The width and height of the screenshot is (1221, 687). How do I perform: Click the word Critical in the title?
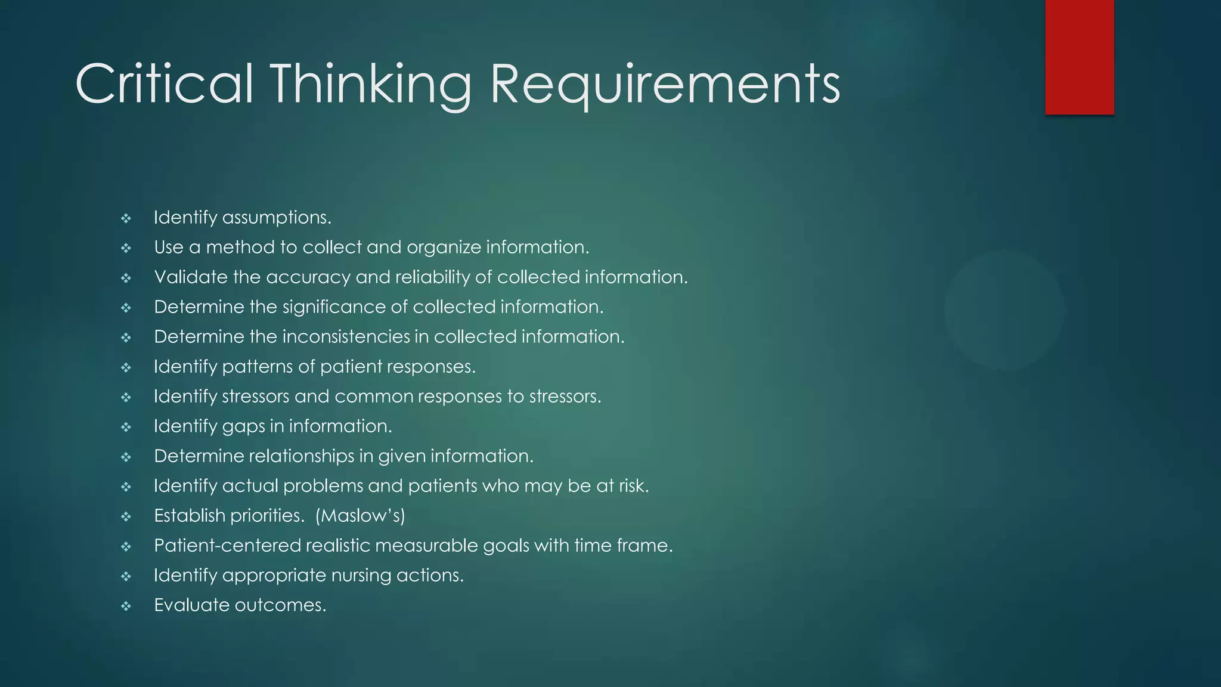(164, 85)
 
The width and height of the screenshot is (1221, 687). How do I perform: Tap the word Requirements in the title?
(665, 85)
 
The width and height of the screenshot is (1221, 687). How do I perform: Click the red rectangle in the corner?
(1079, 57)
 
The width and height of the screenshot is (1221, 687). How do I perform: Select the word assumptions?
(276, 218)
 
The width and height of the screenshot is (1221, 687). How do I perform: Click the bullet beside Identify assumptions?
(126, 219)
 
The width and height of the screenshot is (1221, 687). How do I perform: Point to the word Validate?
(191, 277)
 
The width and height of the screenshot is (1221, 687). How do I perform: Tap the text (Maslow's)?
(360, 516)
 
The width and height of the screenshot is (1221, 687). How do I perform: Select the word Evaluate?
(191, 605)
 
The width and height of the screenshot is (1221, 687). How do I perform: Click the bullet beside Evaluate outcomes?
(126, 606)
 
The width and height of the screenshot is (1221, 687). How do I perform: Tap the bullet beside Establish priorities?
(126, 517)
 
